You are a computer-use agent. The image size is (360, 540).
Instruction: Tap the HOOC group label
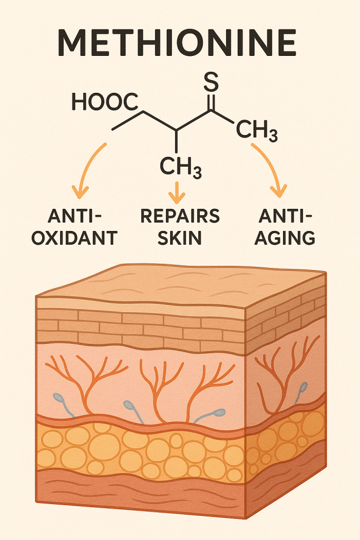pyautogui.click(x=104, y=102)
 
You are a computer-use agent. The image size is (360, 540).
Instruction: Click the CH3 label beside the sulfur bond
pyautogui.click(x=256, y=130)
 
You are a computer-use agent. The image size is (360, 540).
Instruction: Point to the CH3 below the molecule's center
pyautogui.click(x=180, y=168)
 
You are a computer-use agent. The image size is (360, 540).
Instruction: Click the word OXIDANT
pyautogui.click(x=74, y=237)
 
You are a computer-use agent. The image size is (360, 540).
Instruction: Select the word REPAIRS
pyautogui.click(x=180, y=216)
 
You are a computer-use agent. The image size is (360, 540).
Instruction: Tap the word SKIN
pyautogui.click(x=180, y=237)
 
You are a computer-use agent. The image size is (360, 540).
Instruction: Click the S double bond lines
pyautogui.click(x=210, y=101)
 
